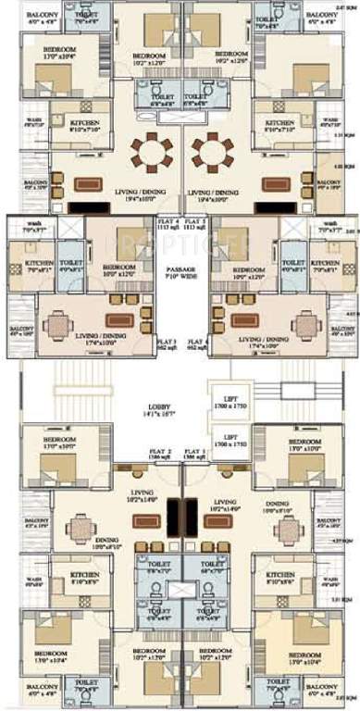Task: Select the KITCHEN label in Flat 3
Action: click(x=39, y=264)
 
